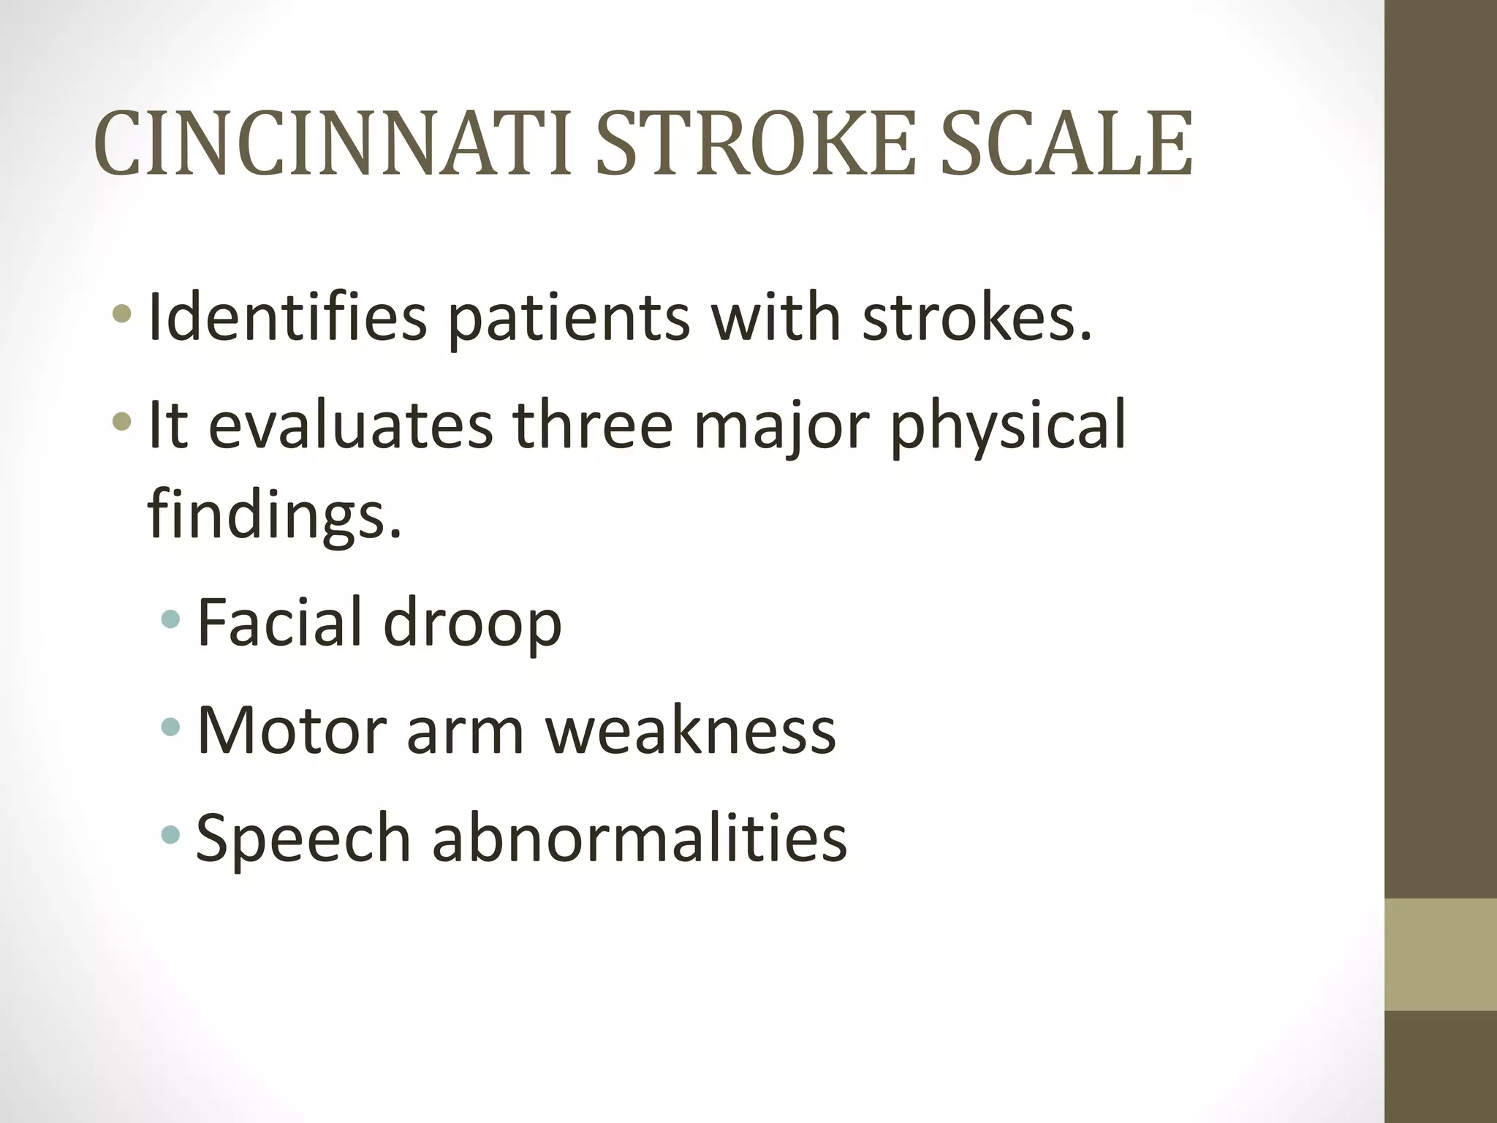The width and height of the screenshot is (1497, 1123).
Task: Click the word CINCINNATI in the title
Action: tap(333, 144)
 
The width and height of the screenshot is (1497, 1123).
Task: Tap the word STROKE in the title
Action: tap(756, 144)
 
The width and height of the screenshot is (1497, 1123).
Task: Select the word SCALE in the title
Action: tap(1066, 144)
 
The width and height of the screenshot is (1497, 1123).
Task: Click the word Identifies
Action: tap(287, 317)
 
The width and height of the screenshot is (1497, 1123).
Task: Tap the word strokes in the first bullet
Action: tap(977, 317)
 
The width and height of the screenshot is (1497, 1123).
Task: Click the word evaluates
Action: tap(350, 426)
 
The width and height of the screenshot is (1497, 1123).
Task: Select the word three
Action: tap(593, 426)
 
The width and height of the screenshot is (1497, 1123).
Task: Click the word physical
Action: tap(1008, 426)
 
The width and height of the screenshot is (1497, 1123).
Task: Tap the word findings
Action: tap(274, 512)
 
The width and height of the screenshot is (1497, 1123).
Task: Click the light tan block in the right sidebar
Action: tap(1441, 955)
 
